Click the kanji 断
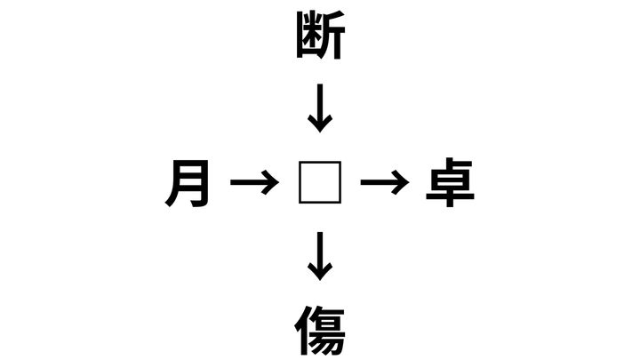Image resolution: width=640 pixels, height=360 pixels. point(320,35)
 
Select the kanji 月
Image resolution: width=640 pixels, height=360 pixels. point(188,183)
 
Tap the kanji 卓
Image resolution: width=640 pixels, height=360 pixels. point(450,182)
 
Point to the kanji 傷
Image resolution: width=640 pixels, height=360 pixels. point(320,331)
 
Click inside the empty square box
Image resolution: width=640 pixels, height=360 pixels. point(320,182)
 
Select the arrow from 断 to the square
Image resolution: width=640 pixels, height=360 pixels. point(320,108)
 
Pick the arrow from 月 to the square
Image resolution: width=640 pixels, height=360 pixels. point(255,182)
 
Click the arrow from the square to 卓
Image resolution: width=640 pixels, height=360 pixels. point(385,182)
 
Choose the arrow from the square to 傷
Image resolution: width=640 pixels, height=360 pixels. point(320,256)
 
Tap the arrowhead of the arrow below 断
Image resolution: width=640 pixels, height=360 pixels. point(320,124)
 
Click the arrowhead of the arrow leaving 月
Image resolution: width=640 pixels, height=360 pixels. point(270,182)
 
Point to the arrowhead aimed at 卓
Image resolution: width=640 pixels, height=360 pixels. point(400,182)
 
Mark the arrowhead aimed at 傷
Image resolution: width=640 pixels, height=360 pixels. point(320,272)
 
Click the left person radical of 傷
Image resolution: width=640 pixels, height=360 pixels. point(303,331)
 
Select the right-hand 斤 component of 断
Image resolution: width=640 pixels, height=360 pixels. point(332,36)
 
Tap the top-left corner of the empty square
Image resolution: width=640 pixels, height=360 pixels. point(300,162)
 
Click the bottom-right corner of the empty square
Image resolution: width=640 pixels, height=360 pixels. point(340,204)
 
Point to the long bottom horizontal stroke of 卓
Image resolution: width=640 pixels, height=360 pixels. point(450,196)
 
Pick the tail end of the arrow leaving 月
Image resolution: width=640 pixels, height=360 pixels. point(231,182)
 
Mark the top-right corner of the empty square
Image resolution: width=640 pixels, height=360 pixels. point(340,162)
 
